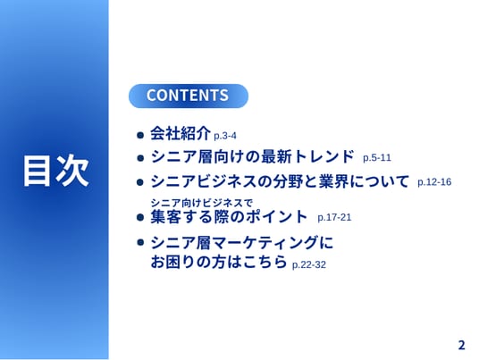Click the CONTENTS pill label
[x=188, y=96]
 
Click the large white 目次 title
[x=56, y=171]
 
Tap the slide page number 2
[x=461, y=345]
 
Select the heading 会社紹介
[x=181, y=133]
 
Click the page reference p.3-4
[x=225, y=136]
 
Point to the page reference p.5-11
[x=377, y=158]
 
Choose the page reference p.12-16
[x=434, y=182]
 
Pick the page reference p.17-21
[x=334, y=217]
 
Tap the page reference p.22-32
[x=309, y=264]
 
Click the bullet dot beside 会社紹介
[x=140, y=135]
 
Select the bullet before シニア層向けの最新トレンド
[x=140, y=158]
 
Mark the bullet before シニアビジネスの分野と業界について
[x=140, y=182]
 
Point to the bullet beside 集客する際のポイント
[x=140, y=217]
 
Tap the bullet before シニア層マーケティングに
[x=140, y=242]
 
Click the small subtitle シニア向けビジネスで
[x=202, y=203]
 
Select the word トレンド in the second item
[x=324, y=156]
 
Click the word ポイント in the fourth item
[x=277, y=216]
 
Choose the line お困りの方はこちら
[x=219, y=262]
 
